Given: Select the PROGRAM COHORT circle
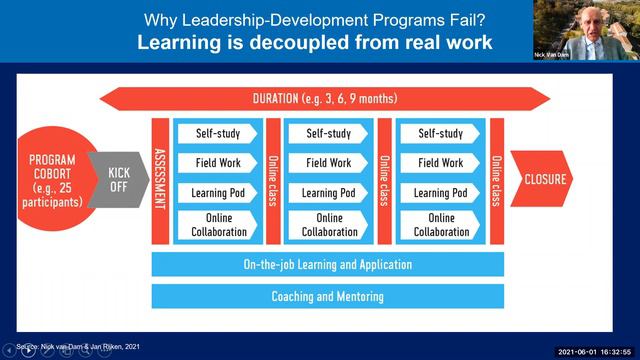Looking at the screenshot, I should [52, 179].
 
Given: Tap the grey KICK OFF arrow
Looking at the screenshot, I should [118, 180].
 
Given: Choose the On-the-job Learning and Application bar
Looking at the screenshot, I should [327, 265].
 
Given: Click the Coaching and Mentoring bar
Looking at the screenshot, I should [327, 297].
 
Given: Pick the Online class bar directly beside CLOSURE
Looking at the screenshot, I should [496, 180].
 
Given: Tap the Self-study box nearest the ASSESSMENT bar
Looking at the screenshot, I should [216, 133].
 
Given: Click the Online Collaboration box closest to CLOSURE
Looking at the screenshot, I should [441, 225].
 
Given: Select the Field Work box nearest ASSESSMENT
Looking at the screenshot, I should [216, 163].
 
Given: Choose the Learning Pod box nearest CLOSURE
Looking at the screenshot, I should [441, 193].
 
